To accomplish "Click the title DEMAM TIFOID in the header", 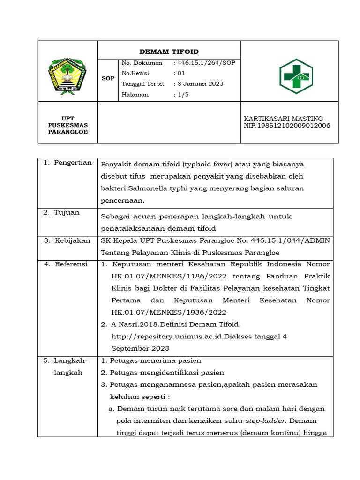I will pyautogui.click(x=169, y=52).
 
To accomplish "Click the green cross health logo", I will pyautogui.click(x=296, y=76).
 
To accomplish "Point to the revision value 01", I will pyautogui.click(x=181, y=73).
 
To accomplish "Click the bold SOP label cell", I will pyautogui.click(x=108, y=78).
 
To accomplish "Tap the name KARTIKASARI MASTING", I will pyautogui.click(x=283, y=119).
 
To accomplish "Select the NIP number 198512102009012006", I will pyautogui.click(x=287, y=125).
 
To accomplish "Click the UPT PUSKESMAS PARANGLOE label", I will pyautogui.click(x=68, y=125).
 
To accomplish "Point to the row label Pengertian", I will pyautogui.click(x=67, y=163).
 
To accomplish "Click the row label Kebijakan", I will pyautogui.click(x=67, y=240).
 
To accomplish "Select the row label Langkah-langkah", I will pyautogui.click(x=68, y=366).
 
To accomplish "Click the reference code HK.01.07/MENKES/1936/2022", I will pyautogui.click(x=169, y=312).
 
